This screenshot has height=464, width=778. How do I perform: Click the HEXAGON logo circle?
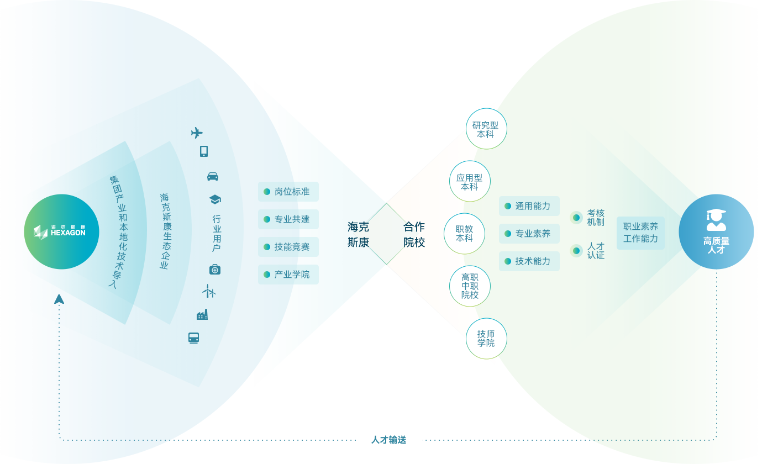(x=61, y=231)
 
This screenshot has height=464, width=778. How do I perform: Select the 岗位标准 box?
(x=288, y=192)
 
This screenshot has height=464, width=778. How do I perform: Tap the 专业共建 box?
(x=288, y=219)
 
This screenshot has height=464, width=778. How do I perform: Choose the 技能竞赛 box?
(x=288, y=247)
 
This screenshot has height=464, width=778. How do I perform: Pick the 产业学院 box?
(x=288, y=275)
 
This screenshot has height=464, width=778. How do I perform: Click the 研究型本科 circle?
(x=486, y=129)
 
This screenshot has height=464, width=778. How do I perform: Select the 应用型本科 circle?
(x=470, y=182)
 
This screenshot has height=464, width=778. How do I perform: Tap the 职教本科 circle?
(x=465, y=234)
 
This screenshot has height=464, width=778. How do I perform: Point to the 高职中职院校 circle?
(x=470, y=286)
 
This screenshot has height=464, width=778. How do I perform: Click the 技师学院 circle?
(x=486, y=338)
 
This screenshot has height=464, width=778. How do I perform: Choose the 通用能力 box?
(x=529, y=206)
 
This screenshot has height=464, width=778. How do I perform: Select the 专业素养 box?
(x=529, y=234)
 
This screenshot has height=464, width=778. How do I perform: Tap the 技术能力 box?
(x=529, y=261)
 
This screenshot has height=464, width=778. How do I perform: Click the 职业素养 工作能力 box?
(x=640, y=233)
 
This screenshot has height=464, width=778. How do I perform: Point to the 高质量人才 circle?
(x=716, y=232)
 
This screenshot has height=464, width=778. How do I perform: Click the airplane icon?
(x=197, y=133)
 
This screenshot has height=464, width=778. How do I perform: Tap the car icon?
(x=213, y=177)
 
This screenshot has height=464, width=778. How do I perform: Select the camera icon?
(x=215, y=269)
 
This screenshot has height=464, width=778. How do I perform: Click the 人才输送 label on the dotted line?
(x=388, y=440)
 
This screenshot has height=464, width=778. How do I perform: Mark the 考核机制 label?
(x=595, y=218)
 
